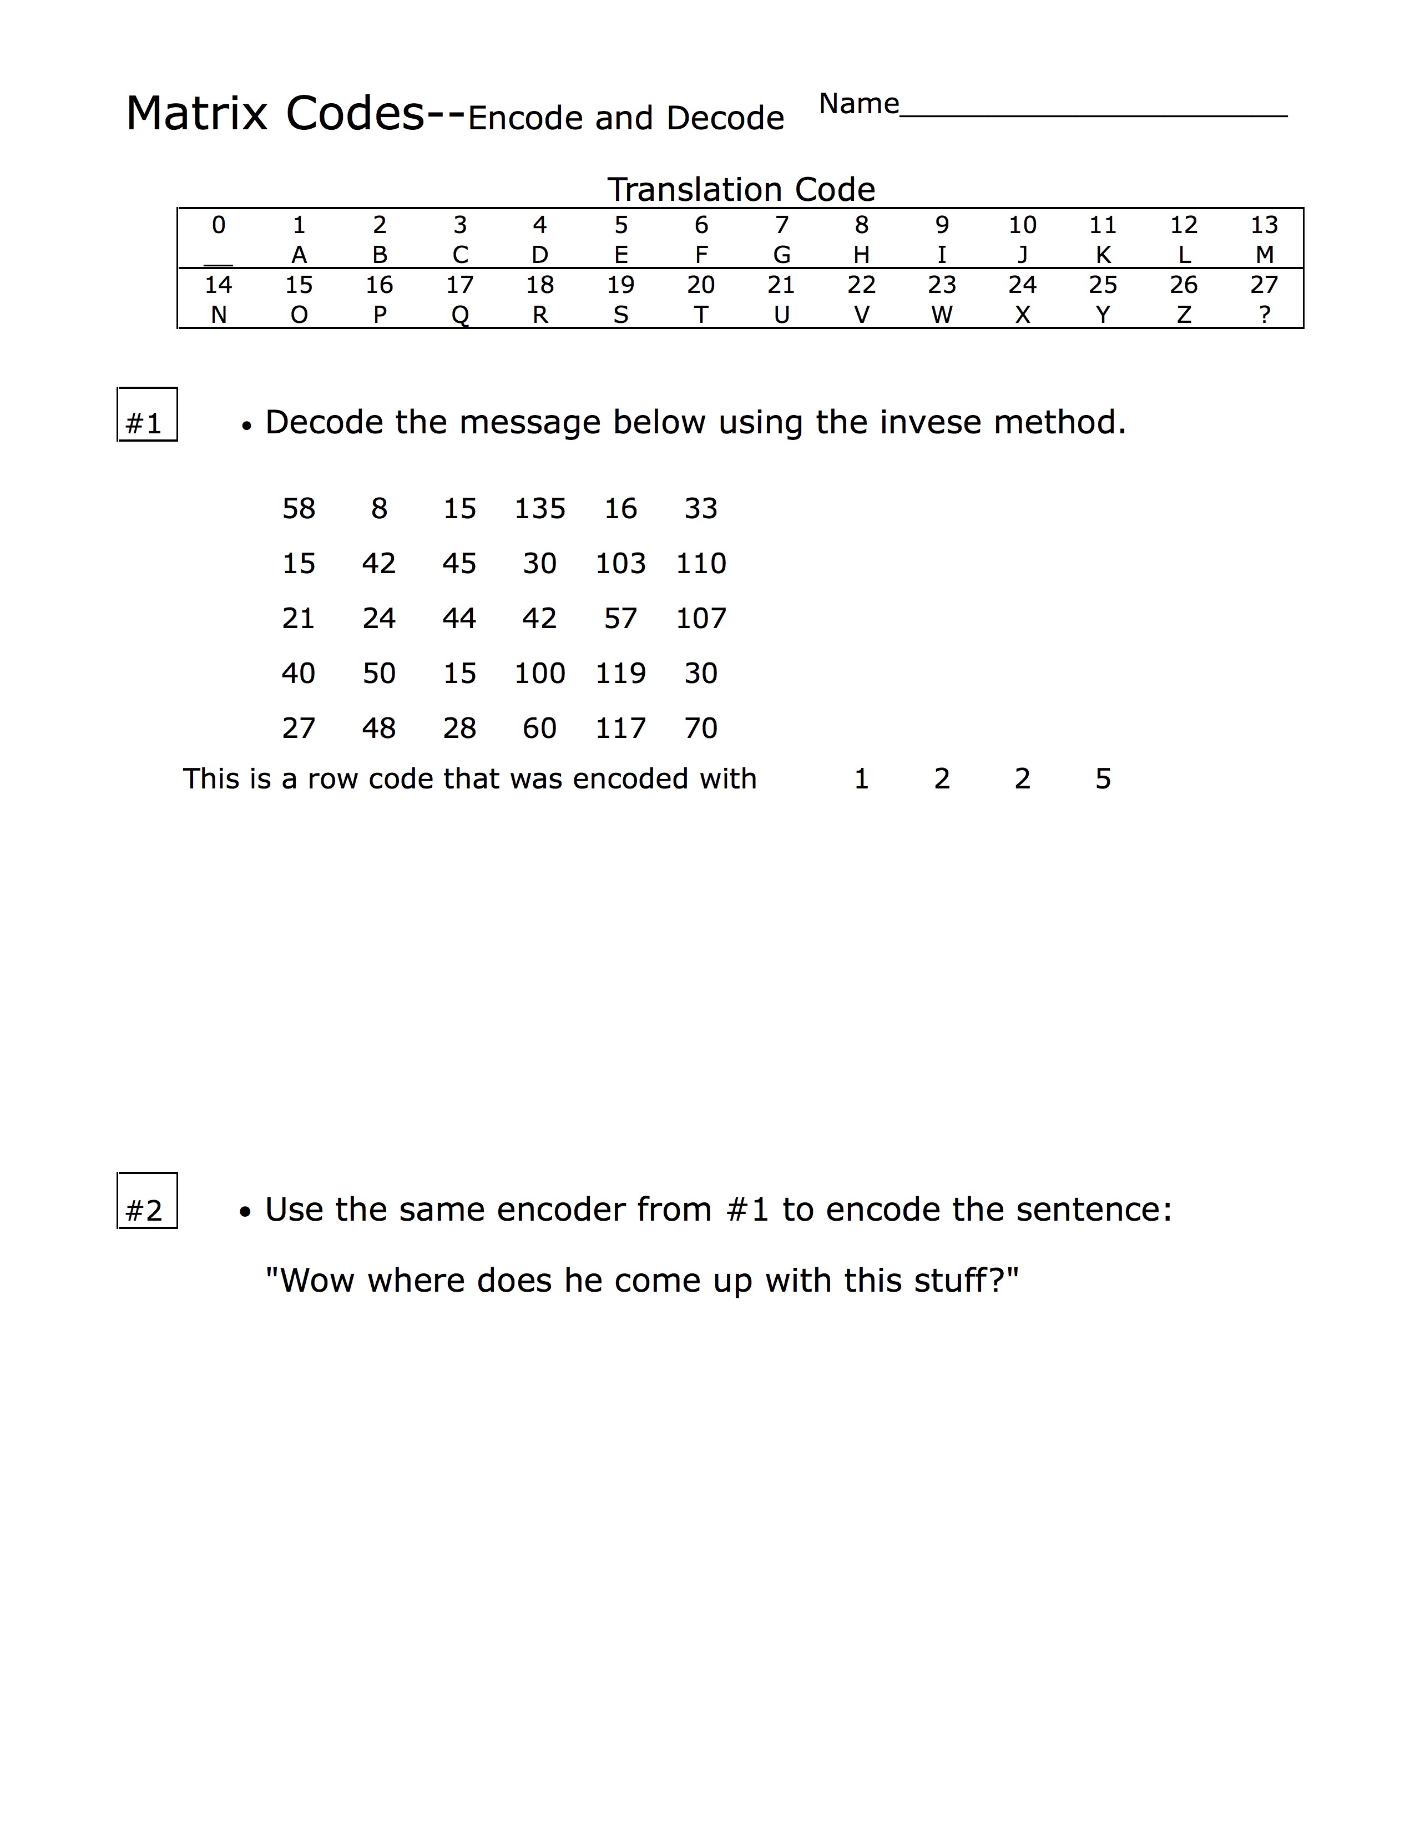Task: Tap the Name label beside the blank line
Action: [858, 104]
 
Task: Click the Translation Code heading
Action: [741, 189]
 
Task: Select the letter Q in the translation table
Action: [459, 315]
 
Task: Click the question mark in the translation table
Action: [1264, 315]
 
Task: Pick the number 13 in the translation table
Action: [1264, 225]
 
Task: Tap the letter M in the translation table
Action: [1264, 255]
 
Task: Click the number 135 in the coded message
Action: [540, 509]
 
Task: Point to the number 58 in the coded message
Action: [299, 509]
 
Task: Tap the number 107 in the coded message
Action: [701, 619]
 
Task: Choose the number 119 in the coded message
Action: [620, 673]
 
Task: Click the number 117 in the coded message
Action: [620, 729]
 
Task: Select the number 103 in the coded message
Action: [620, 563]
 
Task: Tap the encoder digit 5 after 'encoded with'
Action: [1103, 780]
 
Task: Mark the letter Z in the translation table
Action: [1184, 315]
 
